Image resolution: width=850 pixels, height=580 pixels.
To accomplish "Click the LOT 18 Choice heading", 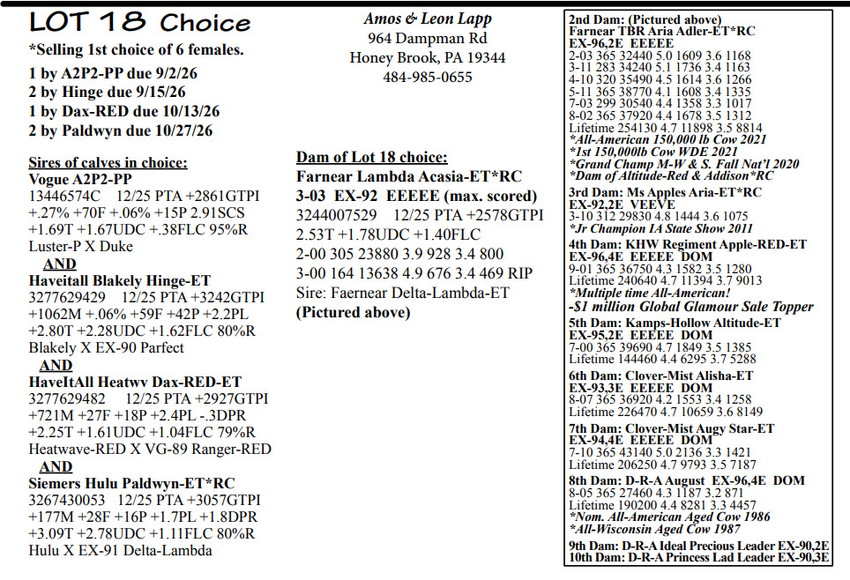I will click(x=127, y=21).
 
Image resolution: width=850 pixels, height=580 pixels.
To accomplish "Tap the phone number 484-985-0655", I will click(x=427, y=78).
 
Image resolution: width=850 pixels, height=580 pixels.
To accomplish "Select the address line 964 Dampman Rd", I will click(x=427, y=38).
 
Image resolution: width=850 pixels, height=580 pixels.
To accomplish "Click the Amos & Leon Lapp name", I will click(x=427, y=19).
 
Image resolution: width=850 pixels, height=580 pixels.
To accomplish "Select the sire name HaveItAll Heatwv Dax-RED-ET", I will click(x=134, y=382).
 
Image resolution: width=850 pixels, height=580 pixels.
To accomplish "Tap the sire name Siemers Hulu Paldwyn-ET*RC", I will click(x=130, y=483).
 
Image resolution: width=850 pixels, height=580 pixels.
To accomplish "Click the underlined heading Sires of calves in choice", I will click(x=108, y=163).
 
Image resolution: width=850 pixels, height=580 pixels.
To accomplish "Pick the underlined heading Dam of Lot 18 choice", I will click(x=371, y=158).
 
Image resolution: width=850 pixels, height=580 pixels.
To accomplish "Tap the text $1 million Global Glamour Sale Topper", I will click(x=692, y=307).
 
